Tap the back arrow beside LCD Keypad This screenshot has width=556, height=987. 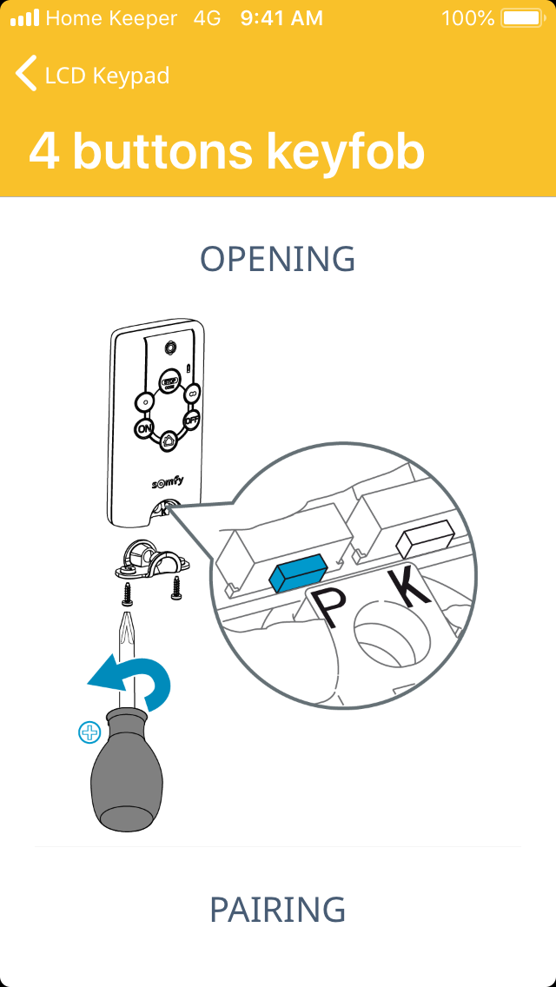26,73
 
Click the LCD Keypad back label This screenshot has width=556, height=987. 107,76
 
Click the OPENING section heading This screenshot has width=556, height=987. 278,258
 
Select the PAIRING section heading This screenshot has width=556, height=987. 278,909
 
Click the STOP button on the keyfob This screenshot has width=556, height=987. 169,382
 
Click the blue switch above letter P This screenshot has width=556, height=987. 296,571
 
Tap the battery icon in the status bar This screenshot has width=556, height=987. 522,17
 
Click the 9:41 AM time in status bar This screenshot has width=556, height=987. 281,18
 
